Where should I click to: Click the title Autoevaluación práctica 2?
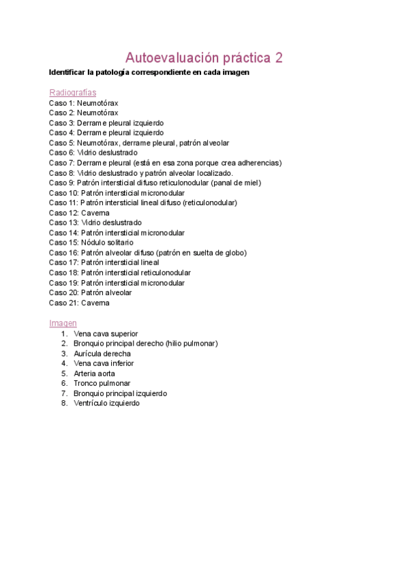204,57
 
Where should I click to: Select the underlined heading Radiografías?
72,92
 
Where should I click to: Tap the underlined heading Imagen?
63,323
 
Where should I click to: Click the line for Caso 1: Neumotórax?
83,103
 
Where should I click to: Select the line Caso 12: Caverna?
79,213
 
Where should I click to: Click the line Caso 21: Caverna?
79,303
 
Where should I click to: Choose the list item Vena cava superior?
106,334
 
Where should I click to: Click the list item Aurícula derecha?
102,354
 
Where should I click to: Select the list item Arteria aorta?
94,374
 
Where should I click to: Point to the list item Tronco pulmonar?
102,383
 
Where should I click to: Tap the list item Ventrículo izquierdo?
106,403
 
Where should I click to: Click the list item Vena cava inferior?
104,363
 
